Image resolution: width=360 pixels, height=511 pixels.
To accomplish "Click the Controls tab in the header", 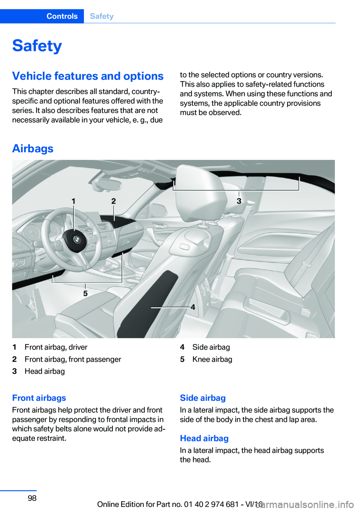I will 62,16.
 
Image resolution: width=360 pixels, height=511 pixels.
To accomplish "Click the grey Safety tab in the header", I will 102,16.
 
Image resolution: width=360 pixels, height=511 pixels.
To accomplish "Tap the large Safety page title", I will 37,46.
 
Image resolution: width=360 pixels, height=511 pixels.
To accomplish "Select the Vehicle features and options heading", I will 88,76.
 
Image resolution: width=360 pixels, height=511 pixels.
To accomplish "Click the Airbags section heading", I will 33,149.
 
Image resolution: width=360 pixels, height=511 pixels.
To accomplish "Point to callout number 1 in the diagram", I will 73,201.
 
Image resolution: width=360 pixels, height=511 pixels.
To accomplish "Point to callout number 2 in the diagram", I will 114,201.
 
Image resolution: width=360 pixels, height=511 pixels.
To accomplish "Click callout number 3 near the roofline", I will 239,201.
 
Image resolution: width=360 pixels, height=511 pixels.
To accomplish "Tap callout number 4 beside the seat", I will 193,307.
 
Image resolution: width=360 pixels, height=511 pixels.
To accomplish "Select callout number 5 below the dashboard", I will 85,293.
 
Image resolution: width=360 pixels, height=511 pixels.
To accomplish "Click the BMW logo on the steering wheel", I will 76,239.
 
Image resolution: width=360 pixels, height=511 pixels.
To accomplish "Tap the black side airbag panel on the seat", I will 150,304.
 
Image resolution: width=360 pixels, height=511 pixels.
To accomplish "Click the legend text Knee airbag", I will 212,359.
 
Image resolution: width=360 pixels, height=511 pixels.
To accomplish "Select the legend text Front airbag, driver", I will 56,347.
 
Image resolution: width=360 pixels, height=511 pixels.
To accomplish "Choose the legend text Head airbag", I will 45,371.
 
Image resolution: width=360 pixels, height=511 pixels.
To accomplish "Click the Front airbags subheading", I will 39,398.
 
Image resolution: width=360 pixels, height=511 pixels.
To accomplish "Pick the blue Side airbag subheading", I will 203,398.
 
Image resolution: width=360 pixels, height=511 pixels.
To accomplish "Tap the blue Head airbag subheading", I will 204,439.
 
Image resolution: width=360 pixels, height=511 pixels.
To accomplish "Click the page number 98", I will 32,498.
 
